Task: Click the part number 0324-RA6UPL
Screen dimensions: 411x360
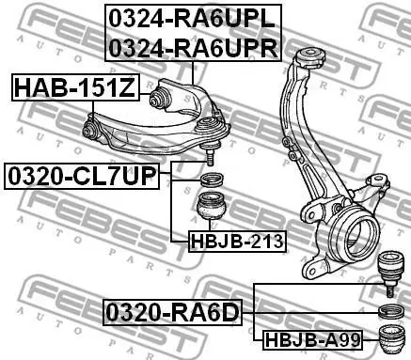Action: click(192, 20)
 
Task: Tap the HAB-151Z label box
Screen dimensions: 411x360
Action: click(75, 87)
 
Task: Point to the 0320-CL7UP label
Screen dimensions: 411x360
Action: click(82, 176)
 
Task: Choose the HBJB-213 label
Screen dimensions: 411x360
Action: click(237, 242)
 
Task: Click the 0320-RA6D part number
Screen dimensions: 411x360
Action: click(173, 312)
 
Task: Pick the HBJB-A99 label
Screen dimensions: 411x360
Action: click(312, 340)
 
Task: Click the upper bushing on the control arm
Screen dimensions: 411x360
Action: click(160, 98)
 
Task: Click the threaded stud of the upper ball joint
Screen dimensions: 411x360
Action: click(210, 157)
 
